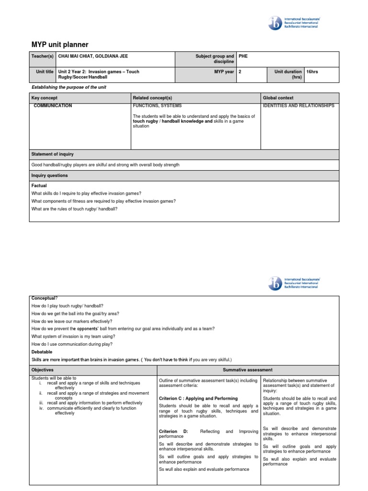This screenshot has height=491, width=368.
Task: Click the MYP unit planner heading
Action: (60, 45)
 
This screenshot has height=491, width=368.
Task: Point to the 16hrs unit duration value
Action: (312, 71)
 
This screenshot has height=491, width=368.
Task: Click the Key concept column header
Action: (44, 98)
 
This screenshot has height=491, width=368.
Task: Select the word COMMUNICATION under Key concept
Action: (53, 105)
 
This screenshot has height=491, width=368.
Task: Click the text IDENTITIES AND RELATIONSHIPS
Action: (299, 105)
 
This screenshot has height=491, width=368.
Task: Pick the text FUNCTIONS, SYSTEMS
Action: (157, 105)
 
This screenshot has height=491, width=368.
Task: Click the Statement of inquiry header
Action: (53, 154)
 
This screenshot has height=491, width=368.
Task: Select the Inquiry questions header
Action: (49, 175)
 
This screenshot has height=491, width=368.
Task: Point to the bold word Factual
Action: (39, 185)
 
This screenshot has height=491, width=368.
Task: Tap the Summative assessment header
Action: (248, 370)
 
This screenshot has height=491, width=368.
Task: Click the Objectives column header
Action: (43, 370)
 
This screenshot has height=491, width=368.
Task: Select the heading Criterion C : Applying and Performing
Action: (198, 398)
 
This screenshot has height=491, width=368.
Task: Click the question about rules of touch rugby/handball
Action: (74, 209)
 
